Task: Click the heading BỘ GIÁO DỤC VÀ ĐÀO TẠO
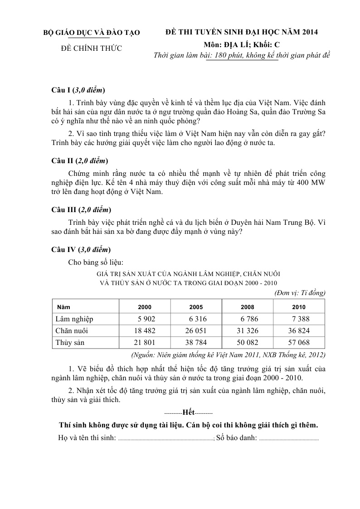pos(91,33)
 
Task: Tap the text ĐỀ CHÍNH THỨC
pos(91,48)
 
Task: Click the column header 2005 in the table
pos(196,306)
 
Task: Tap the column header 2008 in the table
pos(248,306)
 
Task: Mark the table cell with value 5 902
pos(146,319)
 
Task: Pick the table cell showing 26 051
pos(196,330)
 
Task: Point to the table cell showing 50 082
pos(248,343)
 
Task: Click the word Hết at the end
pos(188,412)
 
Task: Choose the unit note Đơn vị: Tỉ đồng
pos(300,293)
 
